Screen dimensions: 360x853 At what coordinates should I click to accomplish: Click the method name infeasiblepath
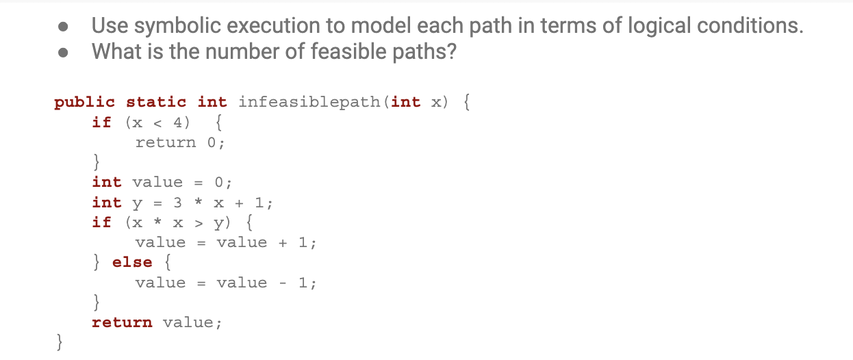[x=311, y=102]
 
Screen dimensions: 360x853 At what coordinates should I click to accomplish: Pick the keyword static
[x=156, y=102]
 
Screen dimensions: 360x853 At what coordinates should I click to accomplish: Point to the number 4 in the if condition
[x=176, y=123]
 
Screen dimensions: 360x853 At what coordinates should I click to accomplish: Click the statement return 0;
[x=180, y=142]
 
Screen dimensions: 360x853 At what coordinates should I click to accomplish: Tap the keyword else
[x=131, y=262]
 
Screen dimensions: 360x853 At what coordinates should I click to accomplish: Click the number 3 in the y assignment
[x=177, y=203]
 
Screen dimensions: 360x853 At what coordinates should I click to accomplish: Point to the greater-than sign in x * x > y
[x=198, y=222]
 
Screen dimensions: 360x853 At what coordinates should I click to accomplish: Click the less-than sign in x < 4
[x=157, y=123]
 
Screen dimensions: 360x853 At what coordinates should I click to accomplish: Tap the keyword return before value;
[x=122, y=322]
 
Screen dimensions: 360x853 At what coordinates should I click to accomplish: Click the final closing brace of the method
[x=61, y=341]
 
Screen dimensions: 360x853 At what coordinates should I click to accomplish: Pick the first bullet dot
[x=63, y=27]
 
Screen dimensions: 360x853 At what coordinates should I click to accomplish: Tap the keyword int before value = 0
[x=107, y=182]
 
